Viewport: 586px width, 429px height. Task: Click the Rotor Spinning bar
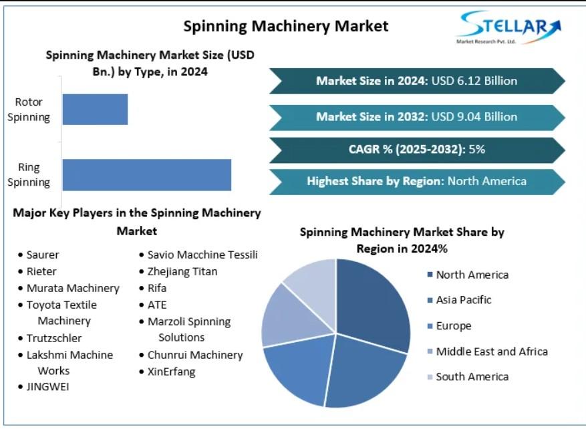95,109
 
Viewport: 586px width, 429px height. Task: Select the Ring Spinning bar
146,175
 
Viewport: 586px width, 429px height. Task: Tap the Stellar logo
509,28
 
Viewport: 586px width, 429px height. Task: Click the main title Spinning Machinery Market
285,26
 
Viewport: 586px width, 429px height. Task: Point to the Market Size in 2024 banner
417,81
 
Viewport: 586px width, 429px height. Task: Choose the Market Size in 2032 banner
417,116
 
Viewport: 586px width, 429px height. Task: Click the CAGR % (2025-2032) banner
417,149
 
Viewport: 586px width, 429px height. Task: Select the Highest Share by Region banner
417,181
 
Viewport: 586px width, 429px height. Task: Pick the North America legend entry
472,275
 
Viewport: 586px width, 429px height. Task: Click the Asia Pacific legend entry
463,300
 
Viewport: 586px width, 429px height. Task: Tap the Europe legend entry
453,326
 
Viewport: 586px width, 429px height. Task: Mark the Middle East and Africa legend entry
491,351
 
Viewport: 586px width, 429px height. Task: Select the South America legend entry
472,377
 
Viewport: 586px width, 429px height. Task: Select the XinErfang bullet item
171,372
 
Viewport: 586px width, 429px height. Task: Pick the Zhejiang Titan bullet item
182,271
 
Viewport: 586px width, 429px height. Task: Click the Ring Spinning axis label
33,175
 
